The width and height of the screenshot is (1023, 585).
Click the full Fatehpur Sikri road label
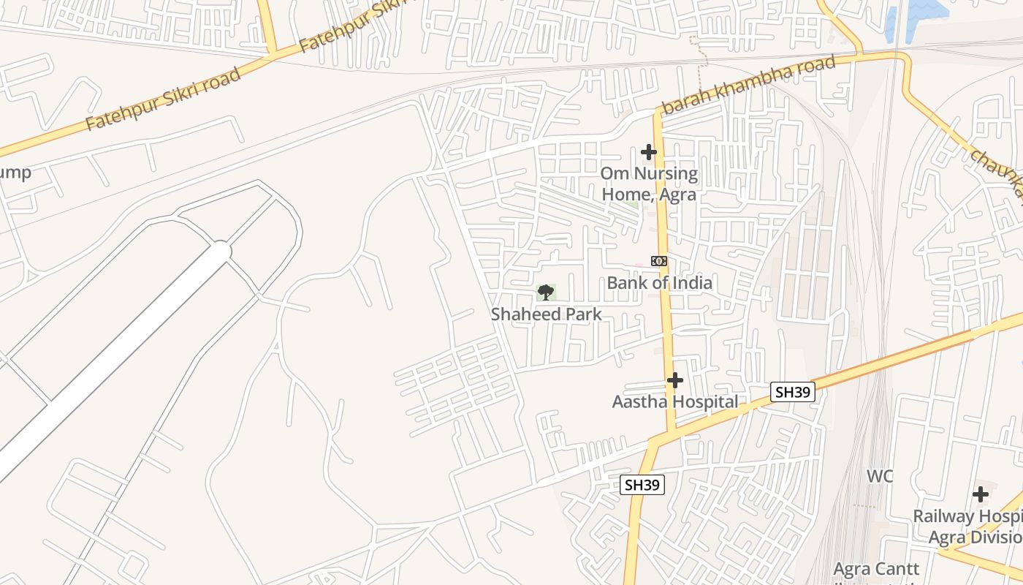click(x=162, y=99)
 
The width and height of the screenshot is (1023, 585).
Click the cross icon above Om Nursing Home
click(x=648, y=152)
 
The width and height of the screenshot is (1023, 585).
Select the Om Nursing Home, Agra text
click(x=649, y=184)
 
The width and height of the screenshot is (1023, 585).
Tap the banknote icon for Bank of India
click(x=658, y=261)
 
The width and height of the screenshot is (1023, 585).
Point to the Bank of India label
click(x=659, y=282)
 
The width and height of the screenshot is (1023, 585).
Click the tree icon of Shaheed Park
click(x=545, y=292)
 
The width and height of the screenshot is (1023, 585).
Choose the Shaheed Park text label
click(x=547, y=314)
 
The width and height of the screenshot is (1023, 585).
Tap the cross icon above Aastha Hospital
click(x=675, y=380)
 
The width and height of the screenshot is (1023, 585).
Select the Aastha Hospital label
click(x=674, y=401)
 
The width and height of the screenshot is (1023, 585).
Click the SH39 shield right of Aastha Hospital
click(x=793, y=392)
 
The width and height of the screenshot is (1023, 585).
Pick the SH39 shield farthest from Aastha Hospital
click(x=642, y=484)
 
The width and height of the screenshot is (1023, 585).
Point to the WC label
click(x=880, y=476)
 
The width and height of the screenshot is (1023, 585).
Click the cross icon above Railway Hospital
click(x=980, y=494)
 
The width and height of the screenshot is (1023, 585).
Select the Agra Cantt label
click(x=876, y=569)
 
